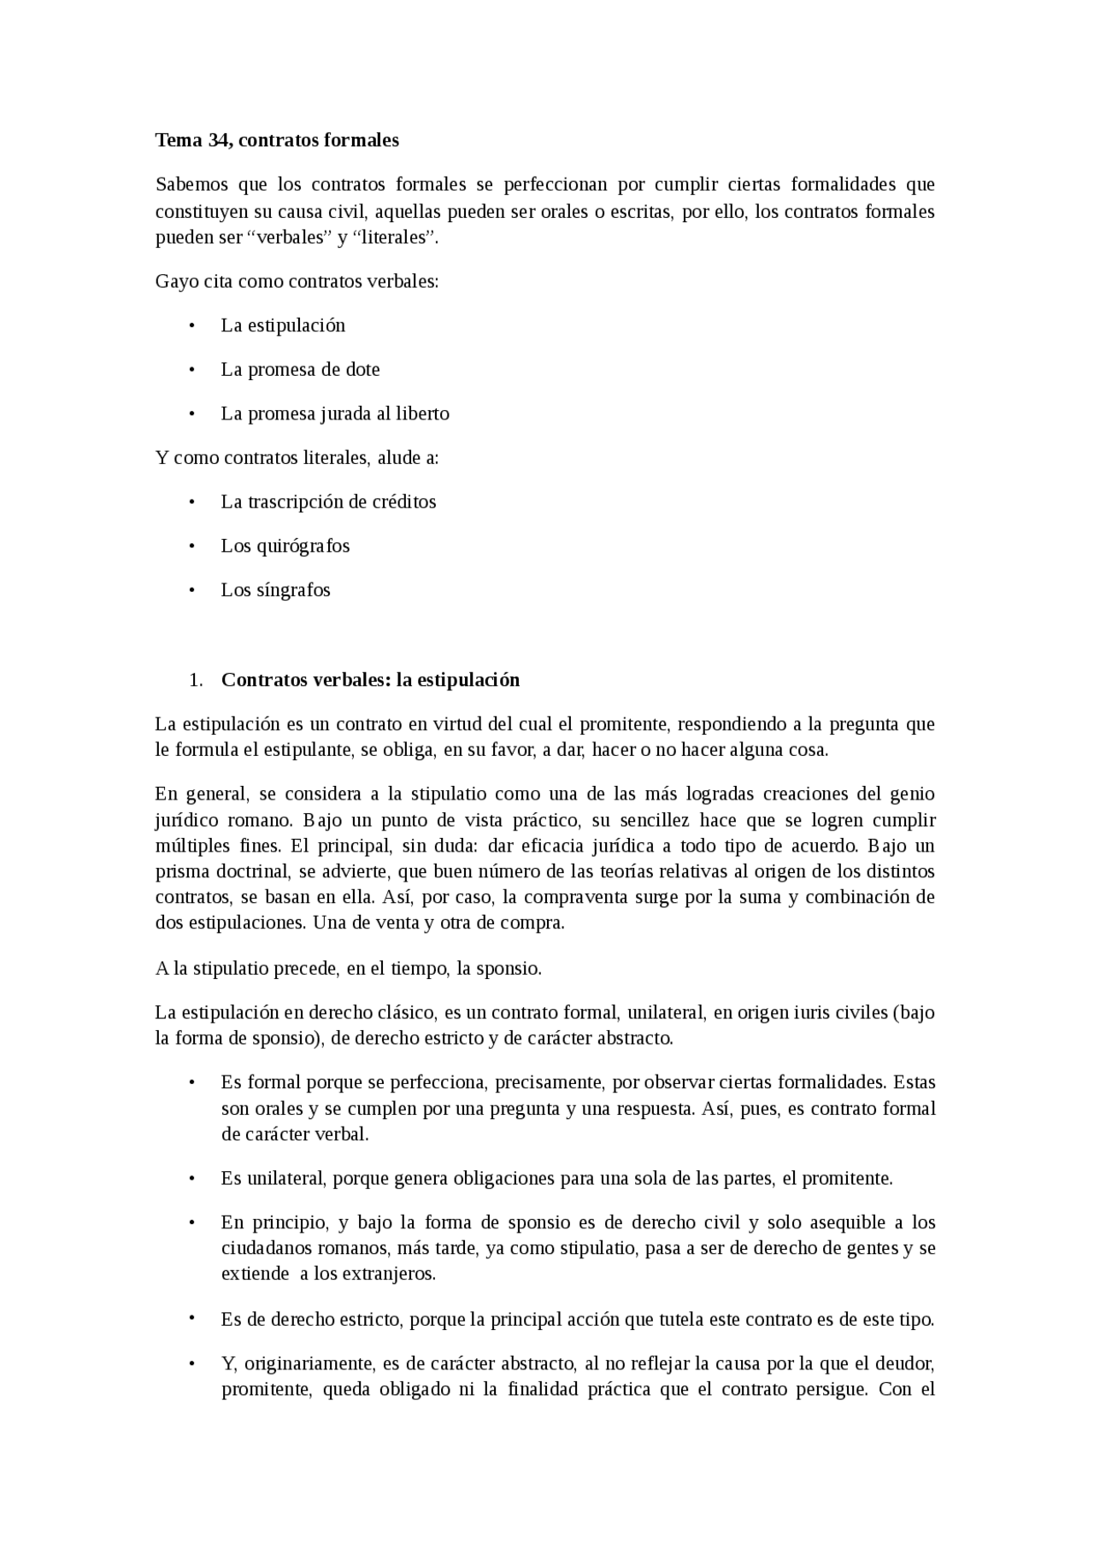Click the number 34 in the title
[x=217, y=141]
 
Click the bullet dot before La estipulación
[x=193, y=325]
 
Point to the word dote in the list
[x=362, y=369]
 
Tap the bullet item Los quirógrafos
[x=285, y=546]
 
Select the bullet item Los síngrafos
[x=275, y=590]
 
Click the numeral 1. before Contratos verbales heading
[x=196, y=680]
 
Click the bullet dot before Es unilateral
[x=193, y=1178]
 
